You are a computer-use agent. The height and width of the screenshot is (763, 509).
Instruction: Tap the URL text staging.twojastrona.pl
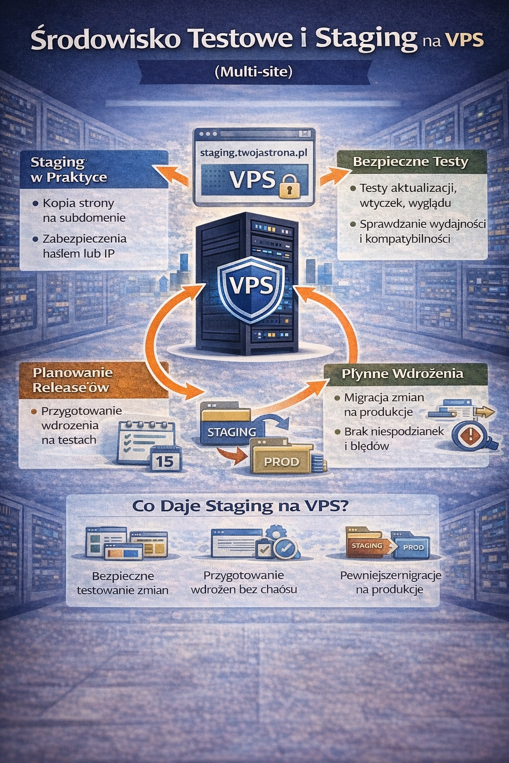[x=254, y=153]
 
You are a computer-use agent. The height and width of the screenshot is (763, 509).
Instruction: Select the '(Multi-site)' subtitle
[x=254, y=72]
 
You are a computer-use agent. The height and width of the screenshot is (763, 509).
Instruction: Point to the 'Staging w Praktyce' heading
[x=69, y=169]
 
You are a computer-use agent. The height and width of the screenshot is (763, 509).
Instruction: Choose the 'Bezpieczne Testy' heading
[x=410, y=161]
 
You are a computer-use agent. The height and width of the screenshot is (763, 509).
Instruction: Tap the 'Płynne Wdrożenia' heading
[x=402, y=374]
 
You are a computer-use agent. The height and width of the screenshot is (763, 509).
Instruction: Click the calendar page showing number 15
[x=165, y=460]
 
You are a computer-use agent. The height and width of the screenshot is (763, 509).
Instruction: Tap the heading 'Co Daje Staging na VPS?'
[x=241, y=506]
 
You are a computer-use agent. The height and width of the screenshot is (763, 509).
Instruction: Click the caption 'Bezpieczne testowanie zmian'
[x=123, y=583]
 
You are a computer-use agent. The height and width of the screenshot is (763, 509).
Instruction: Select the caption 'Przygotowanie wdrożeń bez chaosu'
[x=244, y=582]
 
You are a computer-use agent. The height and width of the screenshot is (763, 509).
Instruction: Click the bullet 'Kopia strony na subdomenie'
[x=84, y=210]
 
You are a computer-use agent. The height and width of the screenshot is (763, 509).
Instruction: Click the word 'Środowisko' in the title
[x=105, y=39]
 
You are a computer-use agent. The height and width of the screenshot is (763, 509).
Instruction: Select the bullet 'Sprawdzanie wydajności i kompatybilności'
[x=422, y=231]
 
